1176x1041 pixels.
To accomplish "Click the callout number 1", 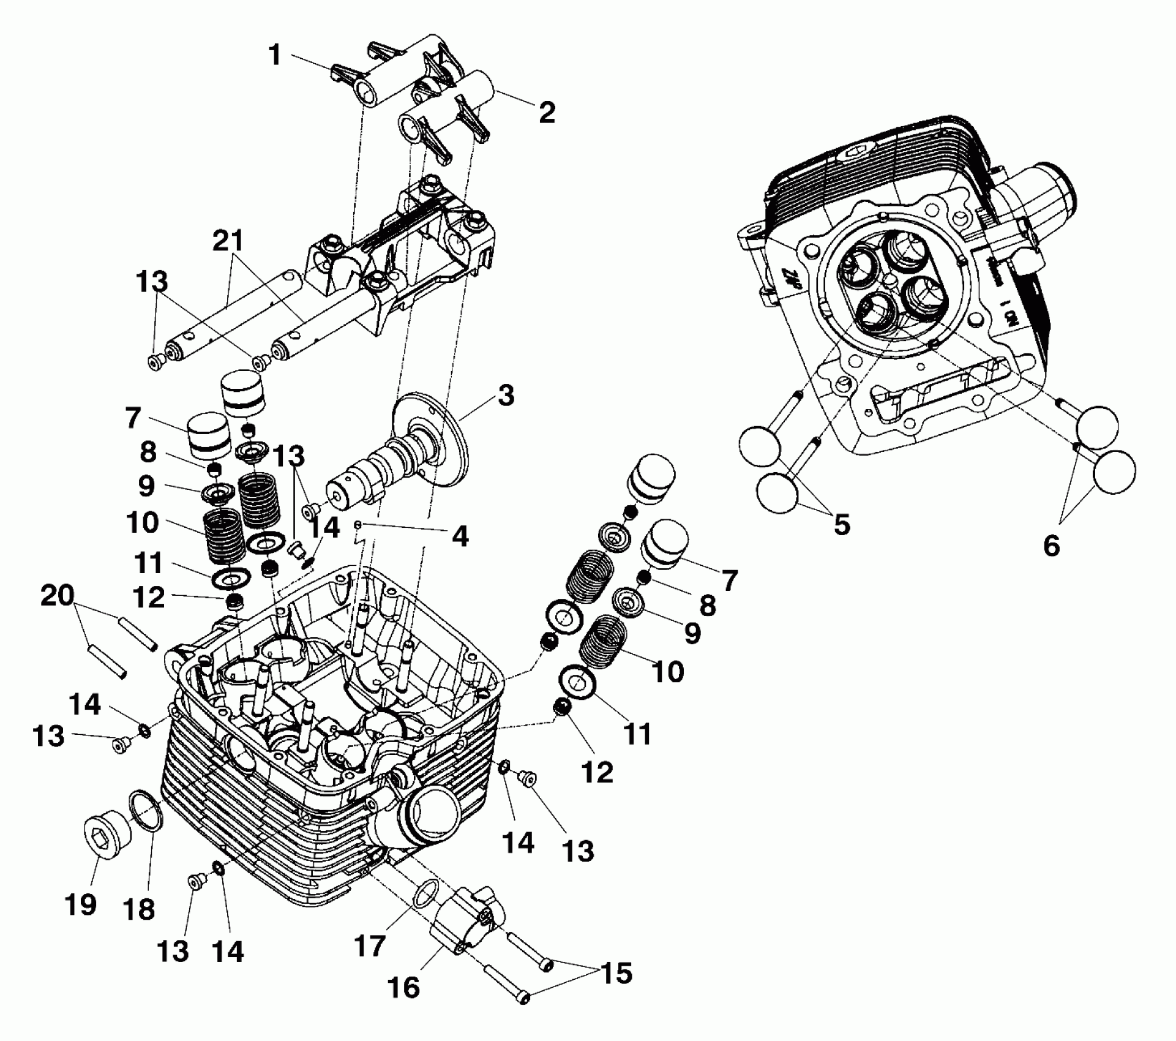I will (275, 55).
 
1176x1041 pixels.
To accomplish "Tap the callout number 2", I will (546, 112).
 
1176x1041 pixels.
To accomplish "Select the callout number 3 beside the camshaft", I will (505, 396).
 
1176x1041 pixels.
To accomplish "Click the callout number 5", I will (842, 524).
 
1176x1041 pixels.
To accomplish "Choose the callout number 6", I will (1051, 544).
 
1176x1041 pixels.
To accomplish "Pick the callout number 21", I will (228, 242).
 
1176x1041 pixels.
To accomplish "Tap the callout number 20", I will (58, 595).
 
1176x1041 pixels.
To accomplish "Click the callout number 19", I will (81, 904).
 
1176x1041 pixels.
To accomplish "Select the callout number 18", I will (139, 909).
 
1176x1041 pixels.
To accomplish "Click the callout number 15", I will (616, 972).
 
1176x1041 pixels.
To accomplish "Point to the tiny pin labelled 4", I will (359, 525).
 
